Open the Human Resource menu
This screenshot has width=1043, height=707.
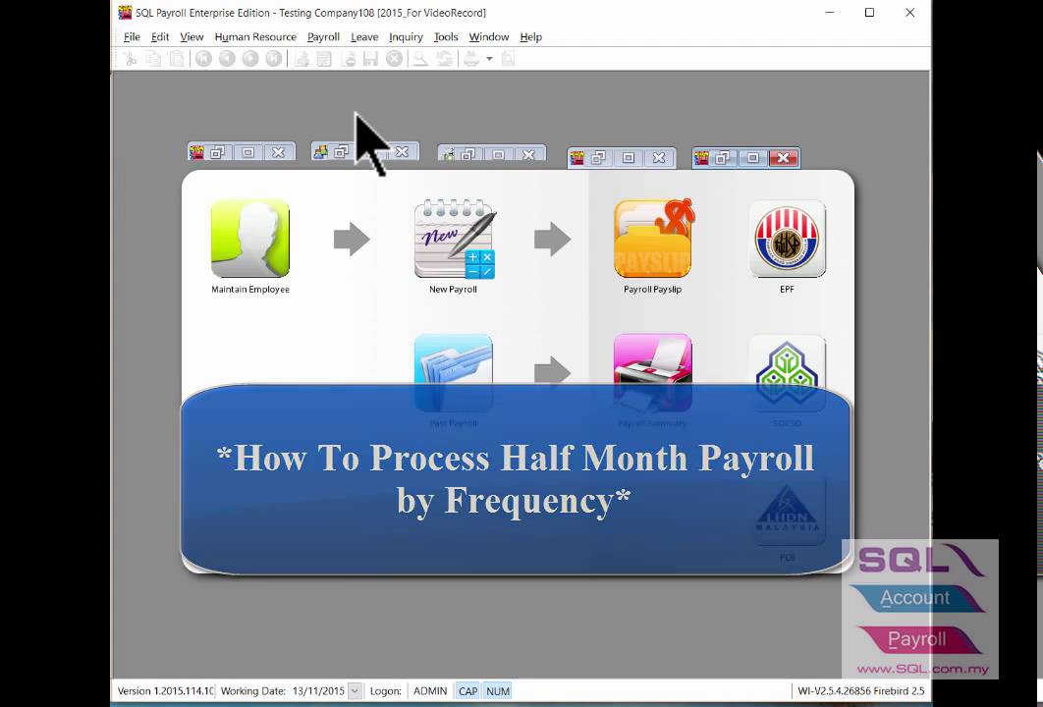(255, 37)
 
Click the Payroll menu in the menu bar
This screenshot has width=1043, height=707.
(323, 37)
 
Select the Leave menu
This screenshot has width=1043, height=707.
(364, 37)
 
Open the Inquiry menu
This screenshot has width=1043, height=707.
(406, 37)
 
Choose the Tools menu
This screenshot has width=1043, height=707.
(446, 37)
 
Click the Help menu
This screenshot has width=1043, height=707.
(530, 37)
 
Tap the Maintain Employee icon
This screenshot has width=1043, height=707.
(250, 239)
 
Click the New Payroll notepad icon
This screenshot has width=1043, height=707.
(454, 239)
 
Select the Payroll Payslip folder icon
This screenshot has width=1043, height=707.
(653, 239)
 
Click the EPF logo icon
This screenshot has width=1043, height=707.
(788, 239)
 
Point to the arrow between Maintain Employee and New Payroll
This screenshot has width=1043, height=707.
(352, 239)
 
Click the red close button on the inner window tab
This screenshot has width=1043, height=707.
(783, 157)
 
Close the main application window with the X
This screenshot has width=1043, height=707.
(909, 13)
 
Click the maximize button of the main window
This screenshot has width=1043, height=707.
(869, 13)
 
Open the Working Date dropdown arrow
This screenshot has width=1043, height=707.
(355, 691)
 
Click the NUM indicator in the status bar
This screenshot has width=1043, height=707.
(498, 691)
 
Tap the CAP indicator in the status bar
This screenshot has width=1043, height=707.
(467, 691)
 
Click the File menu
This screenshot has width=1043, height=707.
(132, 37)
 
